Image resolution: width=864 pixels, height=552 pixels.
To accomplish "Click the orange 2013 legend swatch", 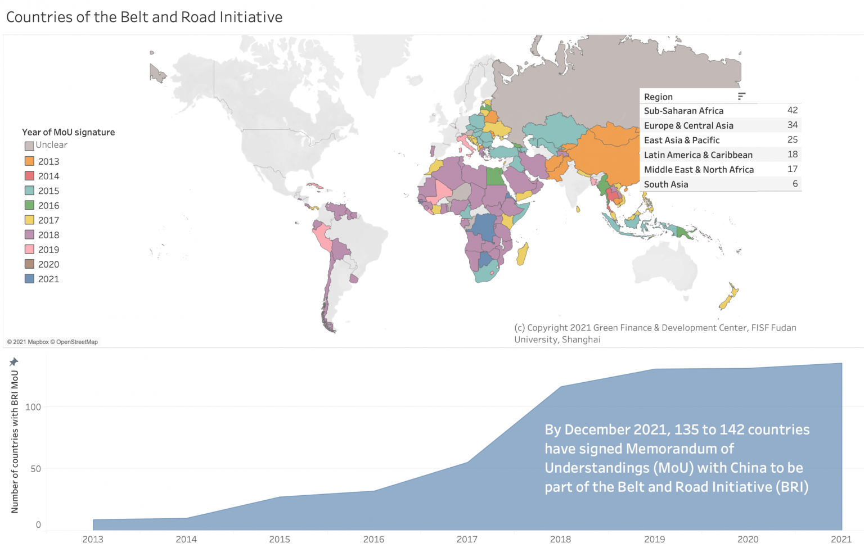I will [x=29, y=161].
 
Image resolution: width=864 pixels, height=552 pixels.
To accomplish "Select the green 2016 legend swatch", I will [x=29, y=205].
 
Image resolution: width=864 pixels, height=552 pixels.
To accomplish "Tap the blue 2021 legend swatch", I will [x=29, y=279].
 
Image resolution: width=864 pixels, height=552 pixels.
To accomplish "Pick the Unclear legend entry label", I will [x=51, y=145].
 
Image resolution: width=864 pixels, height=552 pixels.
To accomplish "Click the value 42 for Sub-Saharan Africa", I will [x=792, y=110].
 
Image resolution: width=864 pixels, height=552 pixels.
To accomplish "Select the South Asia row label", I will [x=666, y=184].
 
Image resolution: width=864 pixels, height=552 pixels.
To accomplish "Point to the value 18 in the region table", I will [x=792, y=154].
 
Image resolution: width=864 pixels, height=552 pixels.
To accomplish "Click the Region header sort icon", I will [x=741, y=97].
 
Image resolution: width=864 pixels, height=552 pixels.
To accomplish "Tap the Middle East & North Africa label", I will [x=699, y=170].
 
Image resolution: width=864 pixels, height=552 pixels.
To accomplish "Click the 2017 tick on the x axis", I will [x=467, y=540].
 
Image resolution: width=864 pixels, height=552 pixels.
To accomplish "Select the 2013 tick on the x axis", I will [x=93, y=540].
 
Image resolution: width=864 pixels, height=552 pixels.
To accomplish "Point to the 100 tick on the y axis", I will [x=33, y=407].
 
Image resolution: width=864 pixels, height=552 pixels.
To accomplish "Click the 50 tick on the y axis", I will [x=35, y=469].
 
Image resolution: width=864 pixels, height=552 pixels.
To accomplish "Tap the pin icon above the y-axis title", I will [x=14, y=362].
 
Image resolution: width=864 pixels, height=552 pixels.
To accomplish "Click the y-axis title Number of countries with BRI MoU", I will [x=15, y=441].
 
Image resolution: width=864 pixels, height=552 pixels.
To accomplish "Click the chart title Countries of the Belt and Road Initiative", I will [x=144, y=17].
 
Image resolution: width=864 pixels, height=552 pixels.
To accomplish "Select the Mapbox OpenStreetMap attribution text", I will [x=52, y=342].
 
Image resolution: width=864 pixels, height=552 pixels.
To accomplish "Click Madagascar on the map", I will [x=523, y=254].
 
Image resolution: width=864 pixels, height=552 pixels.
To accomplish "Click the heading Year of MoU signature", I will [x=68, y=132].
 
